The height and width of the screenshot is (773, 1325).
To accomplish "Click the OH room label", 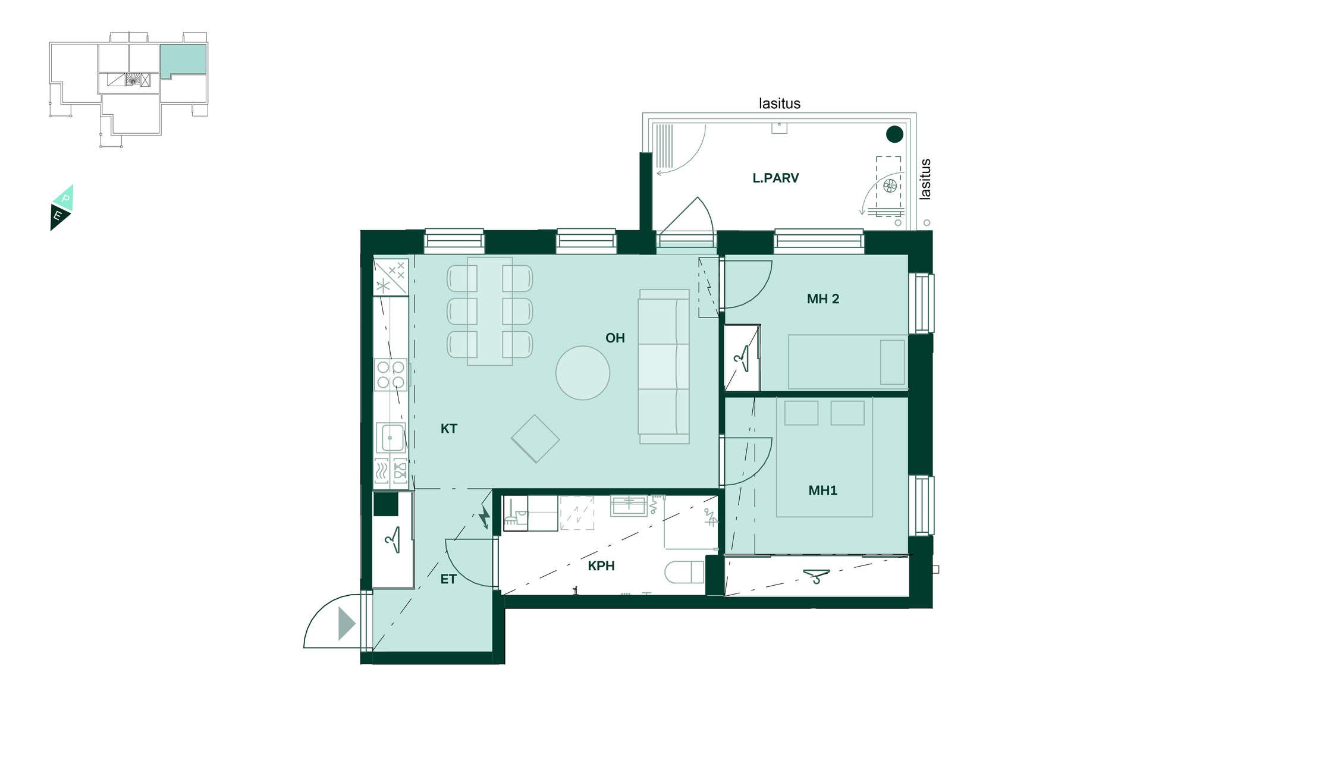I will click(615, 338).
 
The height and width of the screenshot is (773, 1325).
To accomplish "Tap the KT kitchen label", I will click(448, 428).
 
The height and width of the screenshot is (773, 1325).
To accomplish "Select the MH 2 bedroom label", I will click(822, 298).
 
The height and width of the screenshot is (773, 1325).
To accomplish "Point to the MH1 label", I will click(822, 490).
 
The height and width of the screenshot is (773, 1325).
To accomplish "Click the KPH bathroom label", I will click(601, 565).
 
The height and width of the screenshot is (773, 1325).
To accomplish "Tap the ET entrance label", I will click(448, 579).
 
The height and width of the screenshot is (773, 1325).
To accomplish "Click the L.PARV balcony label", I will click(775, 177).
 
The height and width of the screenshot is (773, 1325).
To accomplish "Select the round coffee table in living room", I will click(582, 373).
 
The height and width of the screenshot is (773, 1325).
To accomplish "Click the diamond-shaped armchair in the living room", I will click(535, 439).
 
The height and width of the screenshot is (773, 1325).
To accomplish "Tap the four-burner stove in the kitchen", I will click(391, 375).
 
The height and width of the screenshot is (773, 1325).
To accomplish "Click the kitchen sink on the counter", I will click(390, 438).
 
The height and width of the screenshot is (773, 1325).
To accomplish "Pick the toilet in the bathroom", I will click(684, 572).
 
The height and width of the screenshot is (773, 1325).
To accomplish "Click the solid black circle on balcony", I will click(894, 134).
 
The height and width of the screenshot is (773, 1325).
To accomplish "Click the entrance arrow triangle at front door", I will click(346, 624).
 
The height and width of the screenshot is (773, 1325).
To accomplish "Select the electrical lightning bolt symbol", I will click(485, 517).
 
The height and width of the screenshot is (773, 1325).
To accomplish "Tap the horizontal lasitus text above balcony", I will click(779, 103).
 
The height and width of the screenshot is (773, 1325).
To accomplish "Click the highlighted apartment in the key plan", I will click(183, 59).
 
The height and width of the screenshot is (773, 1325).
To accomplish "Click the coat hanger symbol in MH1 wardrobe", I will click(816, 576).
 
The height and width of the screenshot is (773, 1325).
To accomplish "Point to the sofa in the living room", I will click(664, 366).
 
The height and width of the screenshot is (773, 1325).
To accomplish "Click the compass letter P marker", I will click(65, 198).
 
